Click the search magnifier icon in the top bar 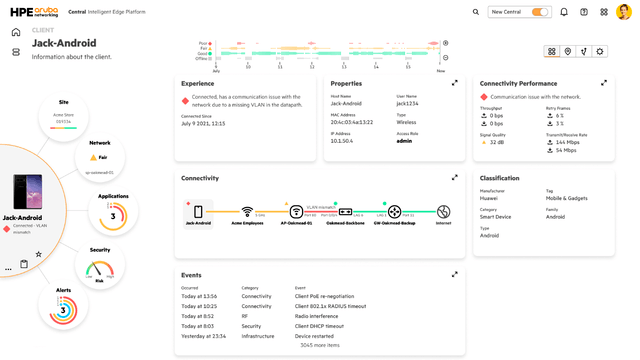click(475, 12)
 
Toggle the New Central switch click(540, 12)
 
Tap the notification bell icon click(564, 12)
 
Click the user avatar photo click(623, 12)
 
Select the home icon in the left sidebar click(16, 32)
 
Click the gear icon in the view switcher click(600, 51)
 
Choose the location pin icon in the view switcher click(568, 51)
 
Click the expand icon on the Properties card click(455, 83)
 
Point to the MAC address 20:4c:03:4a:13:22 click(351, 121)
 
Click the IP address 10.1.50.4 click(342, 141)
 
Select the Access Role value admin click(404, 141)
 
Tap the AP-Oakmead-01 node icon click(296, 212)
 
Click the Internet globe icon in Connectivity click(443, 212)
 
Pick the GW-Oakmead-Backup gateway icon click(394, 212)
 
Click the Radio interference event click(318, 316)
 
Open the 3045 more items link click(320, 345)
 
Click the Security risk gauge click(100, 269)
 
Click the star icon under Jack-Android click(39, 254)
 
